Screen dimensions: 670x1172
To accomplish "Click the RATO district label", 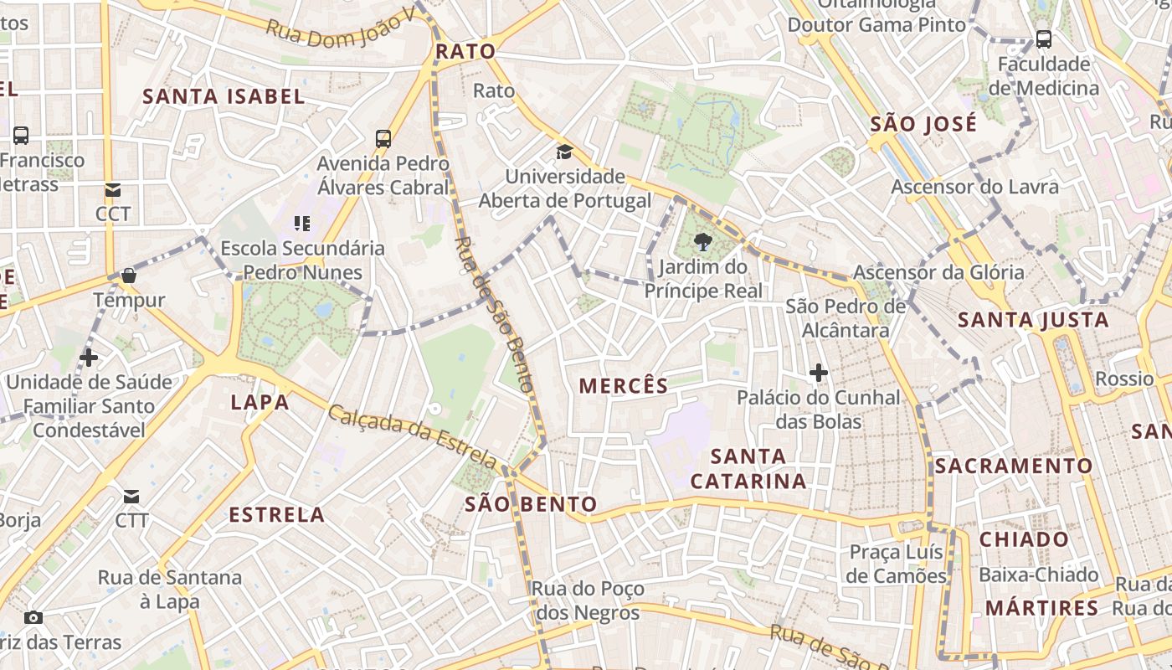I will [x=465, y=51].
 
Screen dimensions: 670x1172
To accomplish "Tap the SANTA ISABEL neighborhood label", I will [x=224, y=96].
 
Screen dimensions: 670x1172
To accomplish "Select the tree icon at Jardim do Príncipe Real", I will [x=703, y=243].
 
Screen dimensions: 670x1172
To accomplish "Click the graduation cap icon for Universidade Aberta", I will [x=565, y=152].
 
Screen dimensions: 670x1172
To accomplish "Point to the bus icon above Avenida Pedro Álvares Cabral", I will [x=383, y=139].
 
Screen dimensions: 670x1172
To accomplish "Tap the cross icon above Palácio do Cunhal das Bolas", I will [x=819, y=373].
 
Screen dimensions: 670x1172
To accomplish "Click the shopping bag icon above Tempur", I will [x=129, y=276].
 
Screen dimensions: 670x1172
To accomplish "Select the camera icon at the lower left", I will [x=33, y=618].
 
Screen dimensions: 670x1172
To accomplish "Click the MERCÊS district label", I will [x=624, y=386].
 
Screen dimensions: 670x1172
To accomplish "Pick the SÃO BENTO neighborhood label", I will [x=531, y=504].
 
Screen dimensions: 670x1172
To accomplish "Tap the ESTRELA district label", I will [x=277, y=514].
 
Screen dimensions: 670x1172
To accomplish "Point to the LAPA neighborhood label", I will [x=260, y=403].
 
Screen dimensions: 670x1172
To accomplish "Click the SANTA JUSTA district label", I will [x=1033, y=319].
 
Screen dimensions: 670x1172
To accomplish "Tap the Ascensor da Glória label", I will [x=938, y=272].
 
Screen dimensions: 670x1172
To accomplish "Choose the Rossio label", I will [x=1124, y=379].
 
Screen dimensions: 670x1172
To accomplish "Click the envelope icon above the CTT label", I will [x=131, y=497].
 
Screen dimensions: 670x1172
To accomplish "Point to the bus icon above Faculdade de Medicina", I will [x=1043, y=39].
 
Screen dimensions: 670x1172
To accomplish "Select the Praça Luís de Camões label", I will [x=896, y=564].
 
